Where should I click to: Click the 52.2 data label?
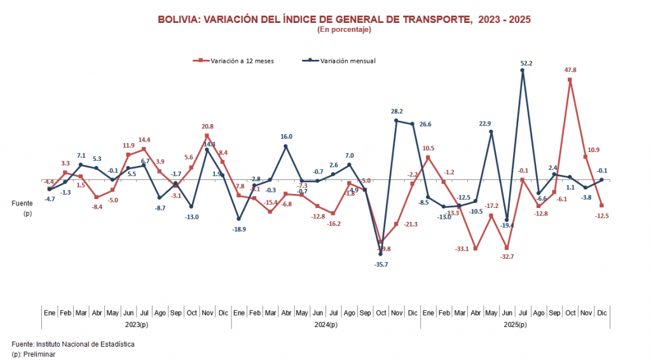point(526,63)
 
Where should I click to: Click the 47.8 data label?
point(570,70)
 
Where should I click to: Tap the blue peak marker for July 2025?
point(523,71)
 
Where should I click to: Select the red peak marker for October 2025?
point(570,80)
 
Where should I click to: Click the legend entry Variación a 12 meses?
point(238,61)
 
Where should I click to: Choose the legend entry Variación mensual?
point(347,61)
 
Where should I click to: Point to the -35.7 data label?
point(380,264)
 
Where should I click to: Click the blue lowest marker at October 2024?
point(380,254)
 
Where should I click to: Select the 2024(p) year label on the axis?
point(325,325)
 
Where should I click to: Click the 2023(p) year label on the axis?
point(136,325)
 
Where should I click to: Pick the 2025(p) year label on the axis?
point(515,325)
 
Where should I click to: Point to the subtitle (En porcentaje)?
point(343,29)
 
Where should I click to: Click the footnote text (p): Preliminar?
point(33,354)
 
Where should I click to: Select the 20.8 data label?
point(207,127)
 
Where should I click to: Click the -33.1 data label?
point(462,249)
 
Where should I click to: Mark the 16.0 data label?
point(286,136)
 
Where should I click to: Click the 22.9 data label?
point(485,123)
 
